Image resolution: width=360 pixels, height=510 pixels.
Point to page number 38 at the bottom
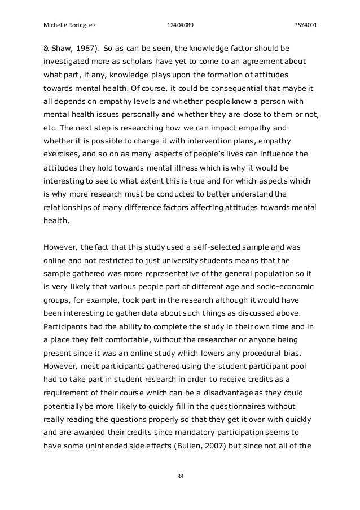click(179, 476)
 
